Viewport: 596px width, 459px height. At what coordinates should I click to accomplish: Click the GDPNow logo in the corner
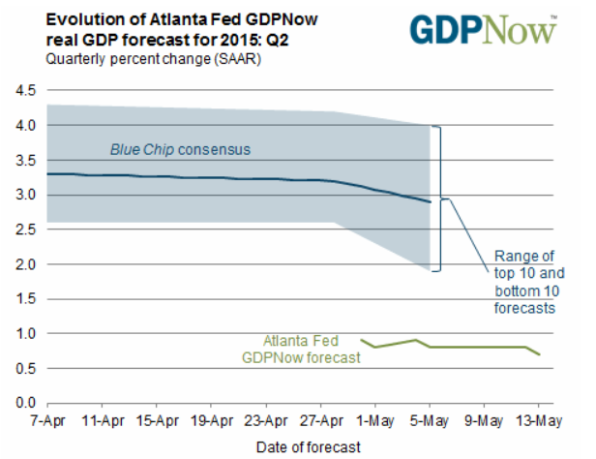coord(484,30)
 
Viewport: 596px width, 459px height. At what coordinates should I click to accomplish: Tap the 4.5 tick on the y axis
coord(24,91)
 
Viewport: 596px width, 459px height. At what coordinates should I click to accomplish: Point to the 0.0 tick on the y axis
coord(24,403)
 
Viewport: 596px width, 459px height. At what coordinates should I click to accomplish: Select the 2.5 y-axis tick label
coord(24,229)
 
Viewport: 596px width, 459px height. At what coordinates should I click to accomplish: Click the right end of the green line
coord(539,354)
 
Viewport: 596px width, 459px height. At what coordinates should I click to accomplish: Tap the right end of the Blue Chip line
coord(430,202)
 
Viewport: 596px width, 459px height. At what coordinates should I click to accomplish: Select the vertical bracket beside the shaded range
coord(438,199)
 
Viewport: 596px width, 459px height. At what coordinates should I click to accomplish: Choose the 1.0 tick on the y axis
coord(24,333)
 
